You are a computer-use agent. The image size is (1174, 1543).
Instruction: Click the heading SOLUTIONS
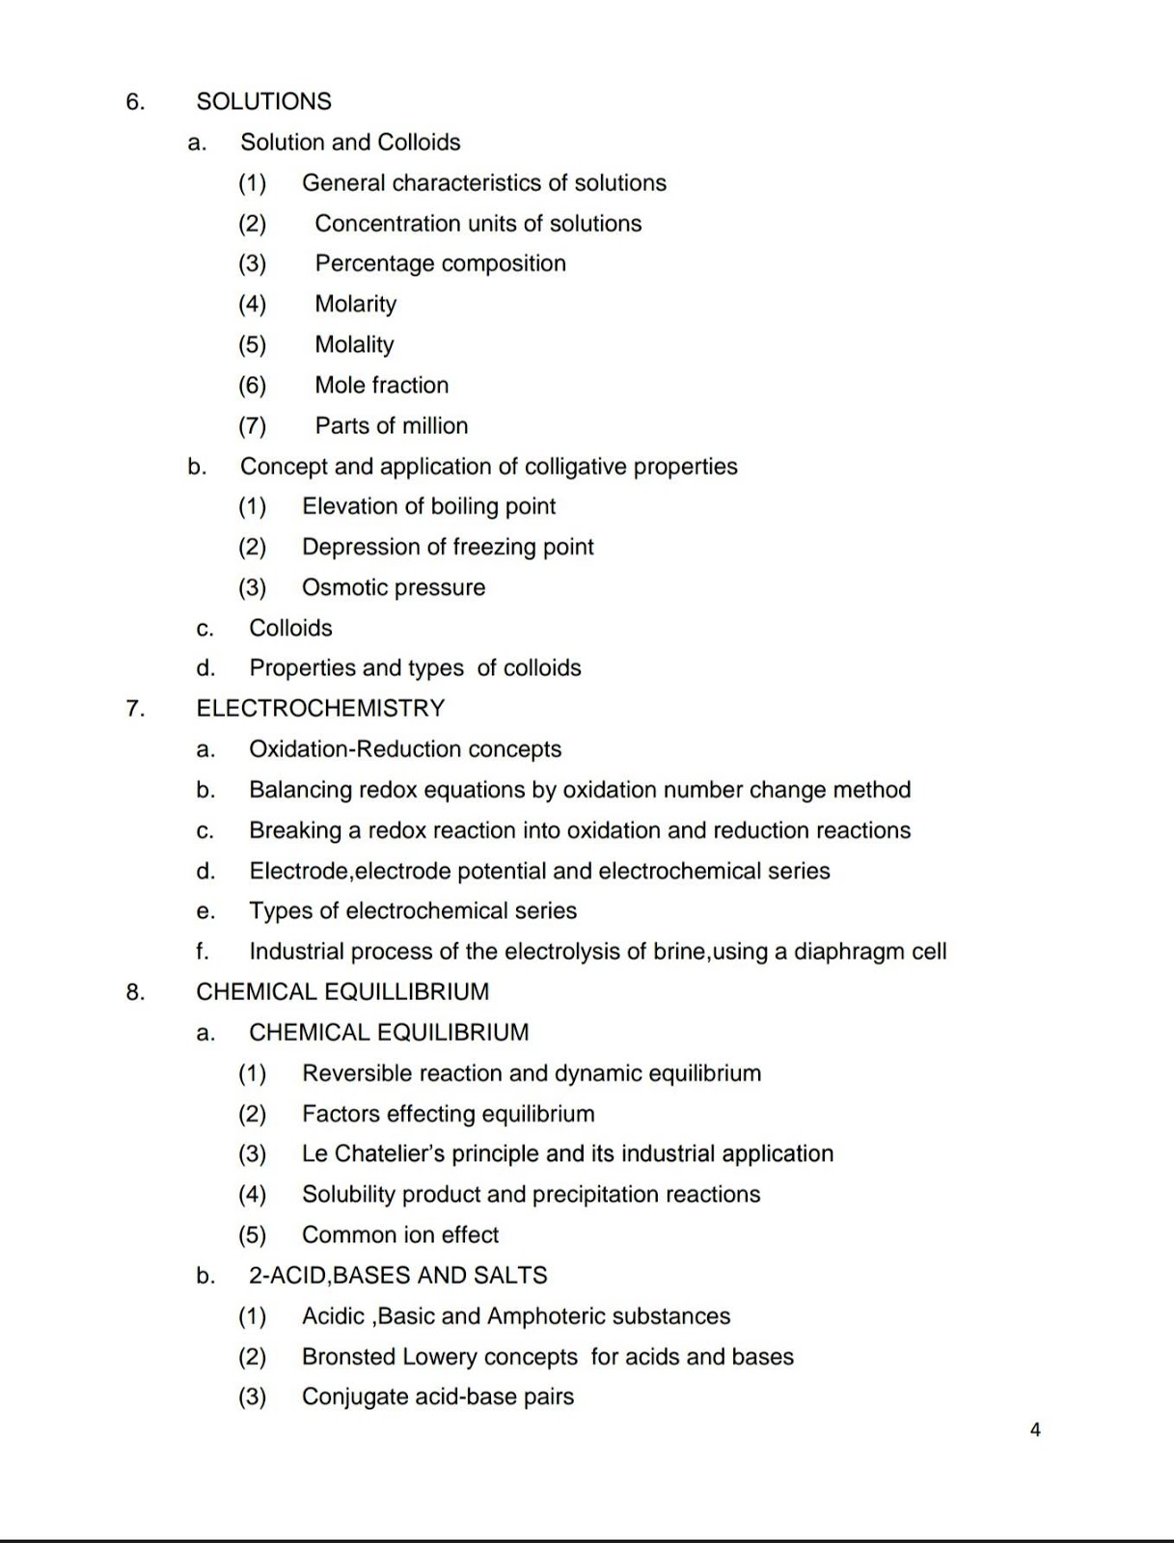pyautogui.click(x=263, y=101)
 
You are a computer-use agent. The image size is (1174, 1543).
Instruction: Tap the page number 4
pyautogui.click(x=1035, y=1429)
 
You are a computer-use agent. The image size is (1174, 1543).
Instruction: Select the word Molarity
pyautogui.click(x=355, y=304)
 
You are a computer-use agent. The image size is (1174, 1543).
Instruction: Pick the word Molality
pyautogui.click(x=354, y=344)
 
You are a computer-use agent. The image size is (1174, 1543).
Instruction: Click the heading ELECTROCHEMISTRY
pyautogui.click(x=320, y=708)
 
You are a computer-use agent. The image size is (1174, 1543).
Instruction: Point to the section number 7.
pyautogui.click(x=135, y=709)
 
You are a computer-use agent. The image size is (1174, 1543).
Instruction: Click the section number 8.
pyautogui.click(x=135, y=991)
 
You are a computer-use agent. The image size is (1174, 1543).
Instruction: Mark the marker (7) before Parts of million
pyautogui.click(x=252, y=425)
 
